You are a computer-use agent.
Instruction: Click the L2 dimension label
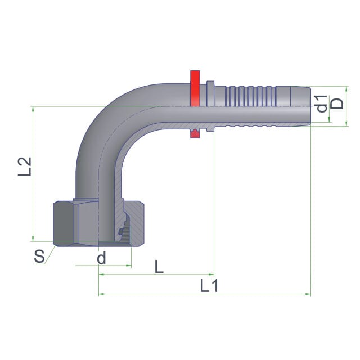click(25, 166)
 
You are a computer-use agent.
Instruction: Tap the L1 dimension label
click(209, 286)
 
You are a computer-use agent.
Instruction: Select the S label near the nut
click(39, 256)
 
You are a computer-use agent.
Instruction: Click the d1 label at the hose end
click(322, 103)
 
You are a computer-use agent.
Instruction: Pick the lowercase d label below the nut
click(101, 258)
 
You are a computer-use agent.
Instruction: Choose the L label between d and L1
click(159, 267)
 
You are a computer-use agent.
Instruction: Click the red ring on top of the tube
click(195, 88)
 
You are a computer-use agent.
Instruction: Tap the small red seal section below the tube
click(195, 134)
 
